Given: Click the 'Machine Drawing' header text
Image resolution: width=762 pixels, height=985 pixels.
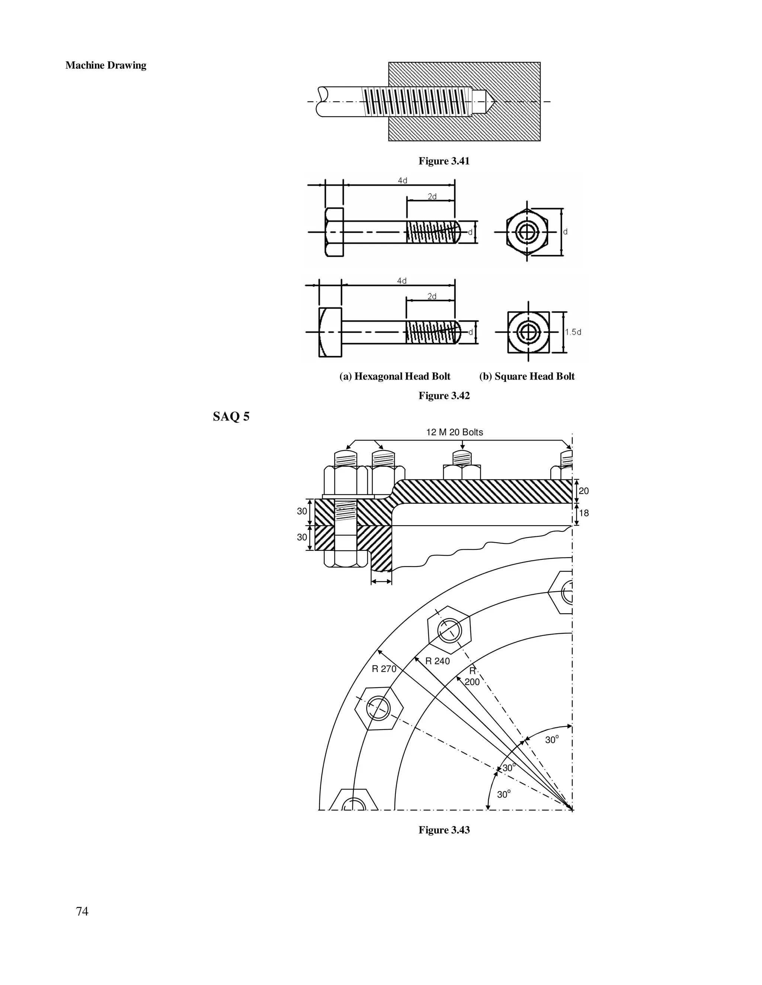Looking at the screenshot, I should pyautogui.click(x=106, y=65).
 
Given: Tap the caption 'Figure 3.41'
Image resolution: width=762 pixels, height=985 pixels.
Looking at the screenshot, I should pyautogui.click(x=444, y=161).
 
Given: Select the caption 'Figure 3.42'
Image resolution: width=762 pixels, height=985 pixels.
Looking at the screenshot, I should pyautogui.click(x=444, y=395).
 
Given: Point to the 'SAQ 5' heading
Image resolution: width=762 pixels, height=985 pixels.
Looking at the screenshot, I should pyautogui.click(x=231, y=416).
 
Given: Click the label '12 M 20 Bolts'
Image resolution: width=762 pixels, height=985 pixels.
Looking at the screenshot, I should pyautogui.click(x=454, y=432).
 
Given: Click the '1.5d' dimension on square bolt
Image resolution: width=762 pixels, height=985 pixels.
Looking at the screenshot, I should pyautogui.click(x=573, y=332).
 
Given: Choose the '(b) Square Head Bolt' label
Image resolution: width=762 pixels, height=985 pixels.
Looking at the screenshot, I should pyautogui.click(x=526, y=376).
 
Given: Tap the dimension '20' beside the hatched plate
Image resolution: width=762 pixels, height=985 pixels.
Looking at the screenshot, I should pyautogui.click(x=583, y=491).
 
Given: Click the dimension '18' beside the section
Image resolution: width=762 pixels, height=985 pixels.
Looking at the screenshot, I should pyautogui.click(x=583, y=513).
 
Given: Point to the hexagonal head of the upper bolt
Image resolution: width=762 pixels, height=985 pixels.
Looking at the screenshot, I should pyautogui.click(x=334, y=232).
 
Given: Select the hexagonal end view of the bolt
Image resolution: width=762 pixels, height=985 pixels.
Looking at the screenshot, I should pyautogui.click(x=527, y=232).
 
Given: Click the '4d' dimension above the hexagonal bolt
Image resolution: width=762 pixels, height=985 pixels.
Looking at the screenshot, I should pyautogui.click(x=402, y=180).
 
